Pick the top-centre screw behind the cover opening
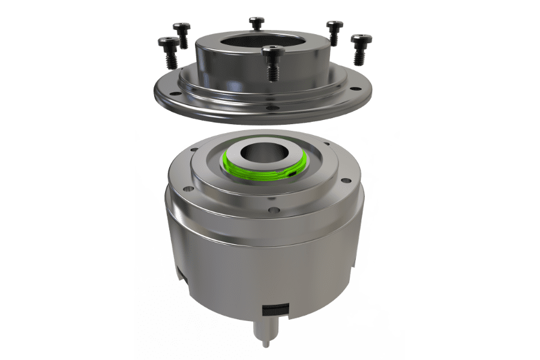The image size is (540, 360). pos(256,23)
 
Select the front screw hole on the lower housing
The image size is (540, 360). pos(272,211)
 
